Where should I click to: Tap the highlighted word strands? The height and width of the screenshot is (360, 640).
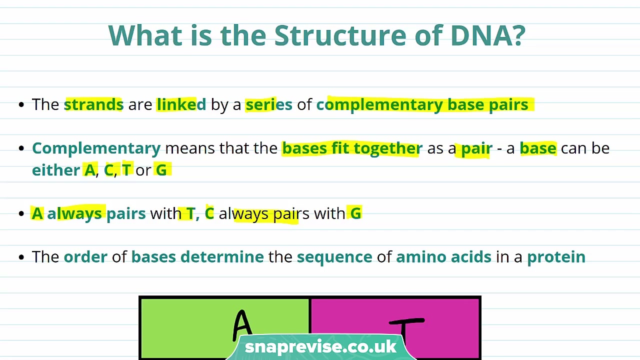click(93, 104)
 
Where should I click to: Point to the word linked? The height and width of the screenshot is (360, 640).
click(181, 104)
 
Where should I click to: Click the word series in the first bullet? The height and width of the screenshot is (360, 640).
click(268, 104)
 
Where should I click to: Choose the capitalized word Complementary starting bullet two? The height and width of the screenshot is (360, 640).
click(96, 148)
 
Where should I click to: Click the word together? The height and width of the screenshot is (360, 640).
click(387, 148)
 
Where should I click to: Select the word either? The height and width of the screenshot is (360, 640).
click(55, 170)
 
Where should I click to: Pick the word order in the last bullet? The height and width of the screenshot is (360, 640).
click(85, 257)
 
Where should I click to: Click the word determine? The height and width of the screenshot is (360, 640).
click(221, 257)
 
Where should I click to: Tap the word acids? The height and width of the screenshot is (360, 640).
click(471, 257)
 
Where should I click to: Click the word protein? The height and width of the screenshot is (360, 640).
click(556, 257)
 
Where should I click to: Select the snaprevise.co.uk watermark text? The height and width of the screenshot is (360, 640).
click(320, 347)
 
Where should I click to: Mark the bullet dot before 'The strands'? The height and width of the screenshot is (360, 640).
click(21, 105)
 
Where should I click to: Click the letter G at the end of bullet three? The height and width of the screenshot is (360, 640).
click(355, 213)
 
